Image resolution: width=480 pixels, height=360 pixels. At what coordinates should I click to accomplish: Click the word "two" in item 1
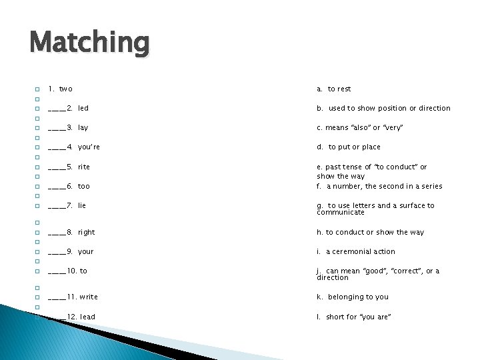66,89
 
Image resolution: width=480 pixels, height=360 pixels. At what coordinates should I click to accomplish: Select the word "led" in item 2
83,108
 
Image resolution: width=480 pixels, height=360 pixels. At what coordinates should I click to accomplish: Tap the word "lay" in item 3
83,127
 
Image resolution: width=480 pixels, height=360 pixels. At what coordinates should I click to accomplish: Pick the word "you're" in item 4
89,147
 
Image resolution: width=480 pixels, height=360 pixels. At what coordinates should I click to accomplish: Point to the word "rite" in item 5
84,167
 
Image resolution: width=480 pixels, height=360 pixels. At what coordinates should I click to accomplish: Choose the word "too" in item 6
84,186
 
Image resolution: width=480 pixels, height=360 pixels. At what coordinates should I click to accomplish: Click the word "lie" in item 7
82,205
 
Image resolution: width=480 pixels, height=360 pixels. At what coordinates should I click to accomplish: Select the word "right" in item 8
87,232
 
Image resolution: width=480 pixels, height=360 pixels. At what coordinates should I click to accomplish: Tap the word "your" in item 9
86,251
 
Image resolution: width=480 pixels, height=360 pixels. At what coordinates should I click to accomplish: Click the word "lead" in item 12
87,317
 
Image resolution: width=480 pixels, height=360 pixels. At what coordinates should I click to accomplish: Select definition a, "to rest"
334,89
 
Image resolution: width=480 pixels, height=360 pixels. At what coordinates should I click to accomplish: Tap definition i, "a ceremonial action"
356,251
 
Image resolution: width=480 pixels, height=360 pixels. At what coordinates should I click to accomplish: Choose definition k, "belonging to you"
353,297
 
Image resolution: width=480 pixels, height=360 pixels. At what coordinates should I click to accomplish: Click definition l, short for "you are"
354,317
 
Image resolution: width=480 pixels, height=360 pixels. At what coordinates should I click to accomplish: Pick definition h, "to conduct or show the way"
370,232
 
